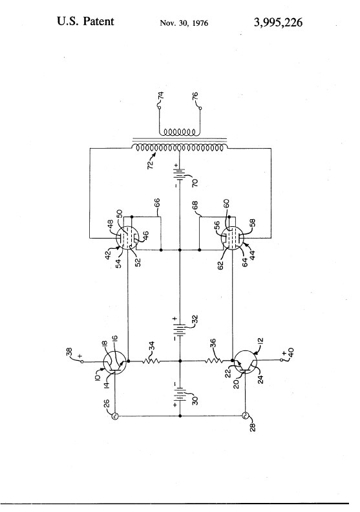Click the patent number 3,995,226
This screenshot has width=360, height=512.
pyautogui.click(x=278, y=22)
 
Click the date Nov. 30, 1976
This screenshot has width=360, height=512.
pyautogui.click(x=184, y=23)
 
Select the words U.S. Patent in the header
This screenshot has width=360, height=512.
pyautogui.click(x=85, y=21)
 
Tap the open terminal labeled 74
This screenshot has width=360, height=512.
pyautogui.click(x=160, y=107)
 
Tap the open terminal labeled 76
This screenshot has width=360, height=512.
pyautogui.click(x=200, y=108)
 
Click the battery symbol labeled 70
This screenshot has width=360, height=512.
pyautogui.click(x=180, y=174)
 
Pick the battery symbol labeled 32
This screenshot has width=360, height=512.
pyautogui.click(x=180, y=328)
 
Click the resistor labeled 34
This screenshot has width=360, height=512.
pyautogui.click(x=151, y=361)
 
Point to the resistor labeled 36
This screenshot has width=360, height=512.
pyautogui.click(x=214, y=361)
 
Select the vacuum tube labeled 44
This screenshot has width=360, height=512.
pyautogui.click(x=233, y=238)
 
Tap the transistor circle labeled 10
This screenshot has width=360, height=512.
pyautogui.click(x=115, y=361)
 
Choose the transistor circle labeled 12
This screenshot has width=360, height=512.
pyautogui.click(x=246, y=361)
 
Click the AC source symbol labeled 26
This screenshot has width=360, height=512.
pyautogui.click(x=115, y=416)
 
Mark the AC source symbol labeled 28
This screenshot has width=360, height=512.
pyautogui.click(x=245, y=416)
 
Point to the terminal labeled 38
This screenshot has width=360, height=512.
pyautogui.click(x=82, y=361)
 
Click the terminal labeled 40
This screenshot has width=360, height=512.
pyautogui.click(x=281, y=360)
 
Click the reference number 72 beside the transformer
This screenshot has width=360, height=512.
pyautogui.click(x=151, y=164)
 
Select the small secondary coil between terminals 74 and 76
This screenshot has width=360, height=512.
pyautogui.click(x=179, y=133)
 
